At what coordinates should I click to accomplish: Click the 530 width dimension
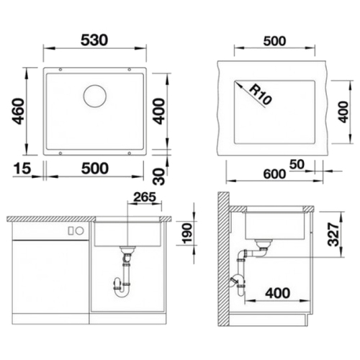(94, 40)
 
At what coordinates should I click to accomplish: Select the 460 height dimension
(19, 111)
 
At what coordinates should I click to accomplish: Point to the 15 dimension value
(22, 168)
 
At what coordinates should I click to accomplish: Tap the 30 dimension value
(159, 176)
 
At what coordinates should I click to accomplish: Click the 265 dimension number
(145, 197)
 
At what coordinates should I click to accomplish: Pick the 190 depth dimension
(187, 233)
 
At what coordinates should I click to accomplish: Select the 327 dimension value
(333, 234)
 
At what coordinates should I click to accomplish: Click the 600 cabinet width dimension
(274, 174)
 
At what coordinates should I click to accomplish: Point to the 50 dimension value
(297, 164)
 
